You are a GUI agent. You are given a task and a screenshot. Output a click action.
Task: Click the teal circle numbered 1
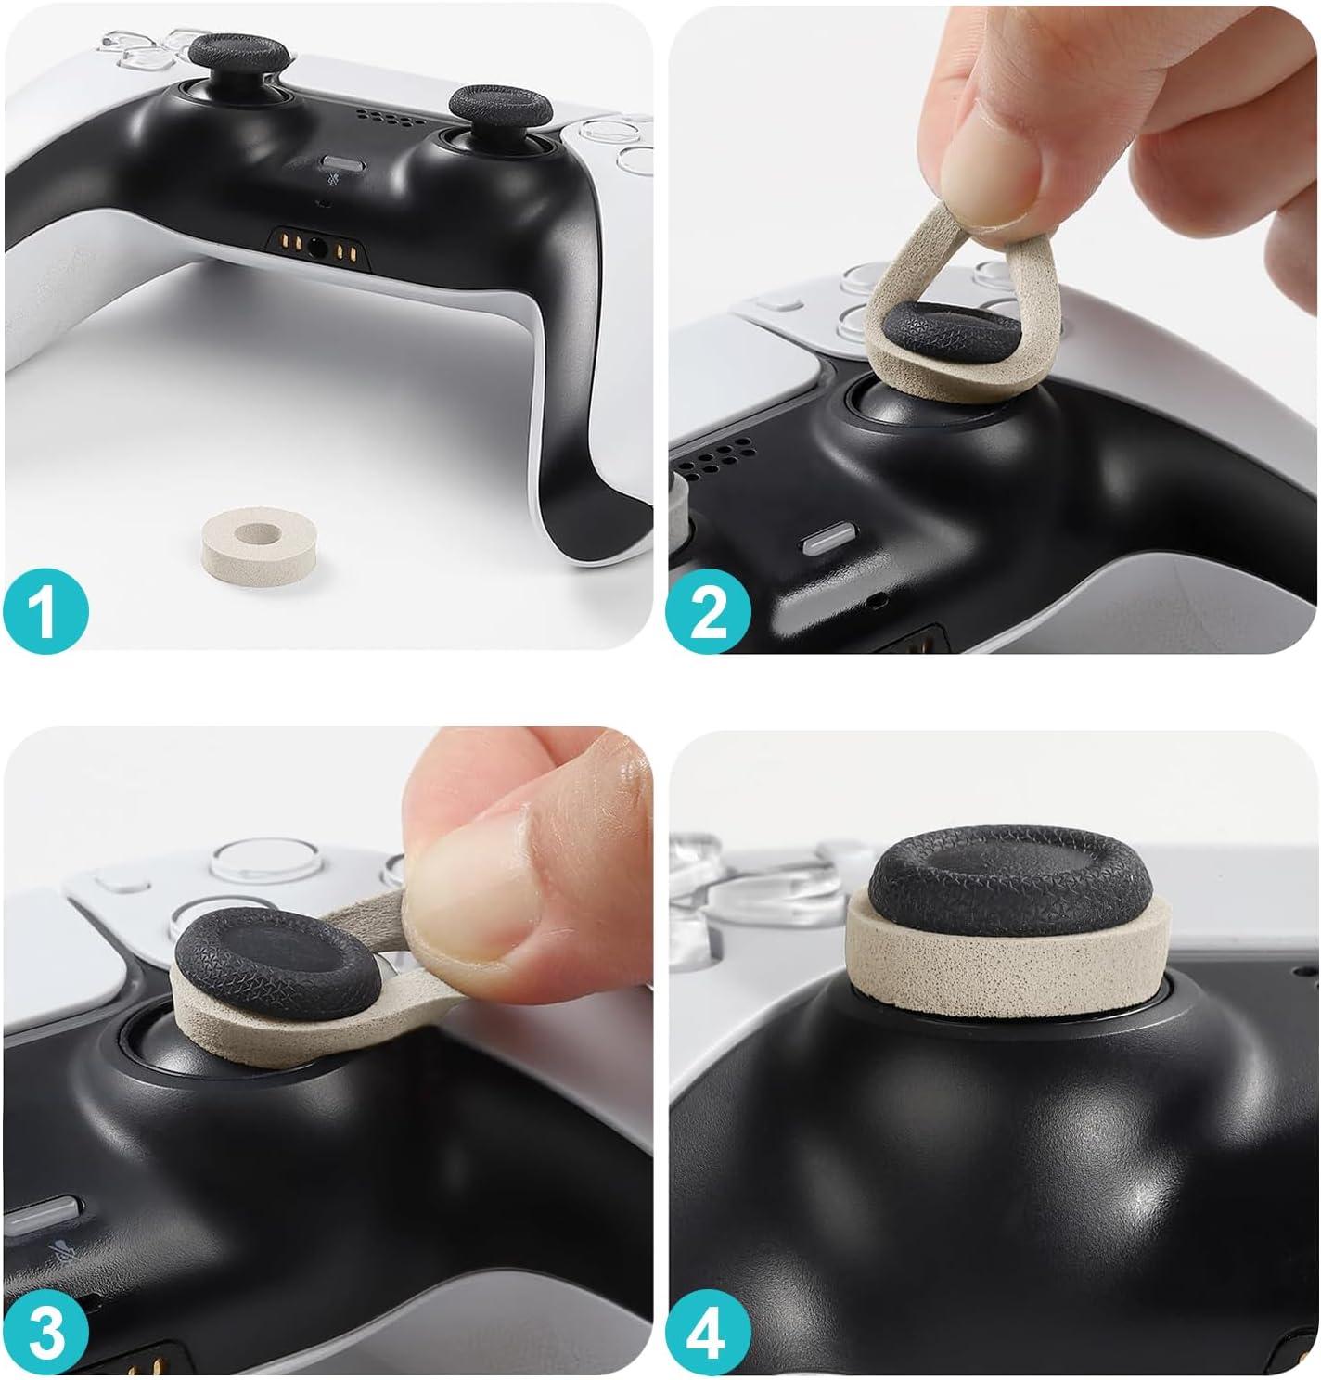(x=46, y=610)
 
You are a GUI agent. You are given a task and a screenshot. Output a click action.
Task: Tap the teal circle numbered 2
(x=709, y=610)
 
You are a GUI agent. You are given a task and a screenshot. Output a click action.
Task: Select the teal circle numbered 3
(x=46, y=1334)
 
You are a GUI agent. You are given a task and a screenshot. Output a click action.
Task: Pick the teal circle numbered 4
(x=709, y=1334)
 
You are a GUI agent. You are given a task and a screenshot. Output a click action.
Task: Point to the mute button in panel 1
(x=343, y=164)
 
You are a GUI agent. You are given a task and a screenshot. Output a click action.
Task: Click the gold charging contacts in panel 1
(x=317, y=249)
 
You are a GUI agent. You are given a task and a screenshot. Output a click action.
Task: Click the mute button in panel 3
(x=41, y=1218)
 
